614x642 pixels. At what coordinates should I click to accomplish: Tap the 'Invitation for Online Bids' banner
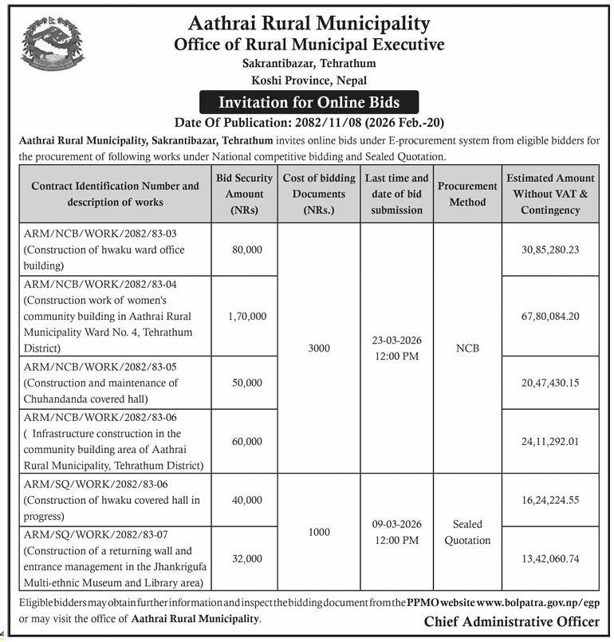(309, 102)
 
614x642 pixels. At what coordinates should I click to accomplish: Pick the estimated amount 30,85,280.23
(550, 250)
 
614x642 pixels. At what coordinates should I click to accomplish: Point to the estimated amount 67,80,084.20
(550, 316)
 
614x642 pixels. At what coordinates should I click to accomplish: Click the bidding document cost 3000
(318, 349)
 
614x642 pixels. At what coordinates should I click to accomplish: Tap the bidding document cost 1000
(318, 531)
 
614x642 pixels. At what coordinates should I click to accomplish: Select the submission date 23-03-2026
(396, 341)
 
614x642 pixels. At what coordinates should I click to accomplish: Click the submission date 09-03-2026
(396, 524)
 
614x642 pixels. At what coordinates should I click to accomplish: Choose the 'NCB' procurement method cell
(467, 349)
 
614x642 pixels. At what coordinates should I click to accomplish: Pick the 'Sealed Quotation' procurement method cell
(467, 532)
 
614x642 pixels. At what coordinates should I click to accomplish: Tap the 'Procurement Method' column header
(467, 194)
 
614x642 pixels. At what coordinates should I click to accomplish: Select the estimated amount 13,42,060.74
(550, 559)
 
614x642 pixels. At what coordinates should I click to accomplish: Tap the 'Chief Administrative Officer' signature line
(511, 621)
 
